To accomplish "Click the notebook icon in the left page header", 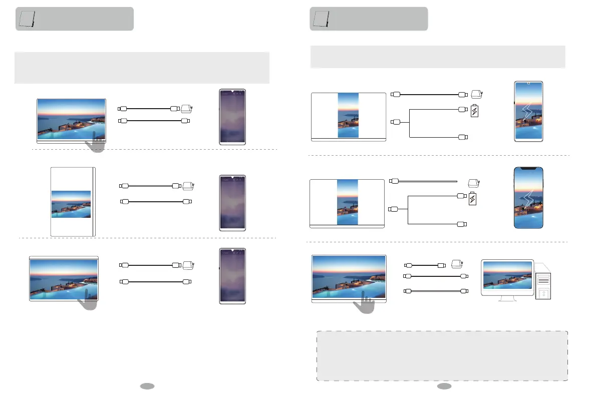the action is coord(26,19).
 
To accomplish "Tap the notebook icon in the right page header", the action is coord(320,19).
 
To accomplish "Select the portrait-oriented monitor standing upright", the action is coord(73,201).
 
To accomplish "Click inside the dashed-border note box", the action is coord(442,355).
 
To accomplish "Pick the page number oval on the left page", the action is coord(147,386).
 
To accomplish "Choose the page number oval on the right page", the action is coord(443,386).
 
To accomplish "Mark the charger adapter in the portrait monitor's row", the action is coord(188,186).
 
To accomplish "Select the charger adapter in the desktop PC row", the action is coord(456,264).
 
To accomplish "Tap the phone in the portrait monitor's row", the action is coord(232,203).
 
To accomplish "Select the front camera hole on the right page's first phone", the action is coord(528,83).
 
